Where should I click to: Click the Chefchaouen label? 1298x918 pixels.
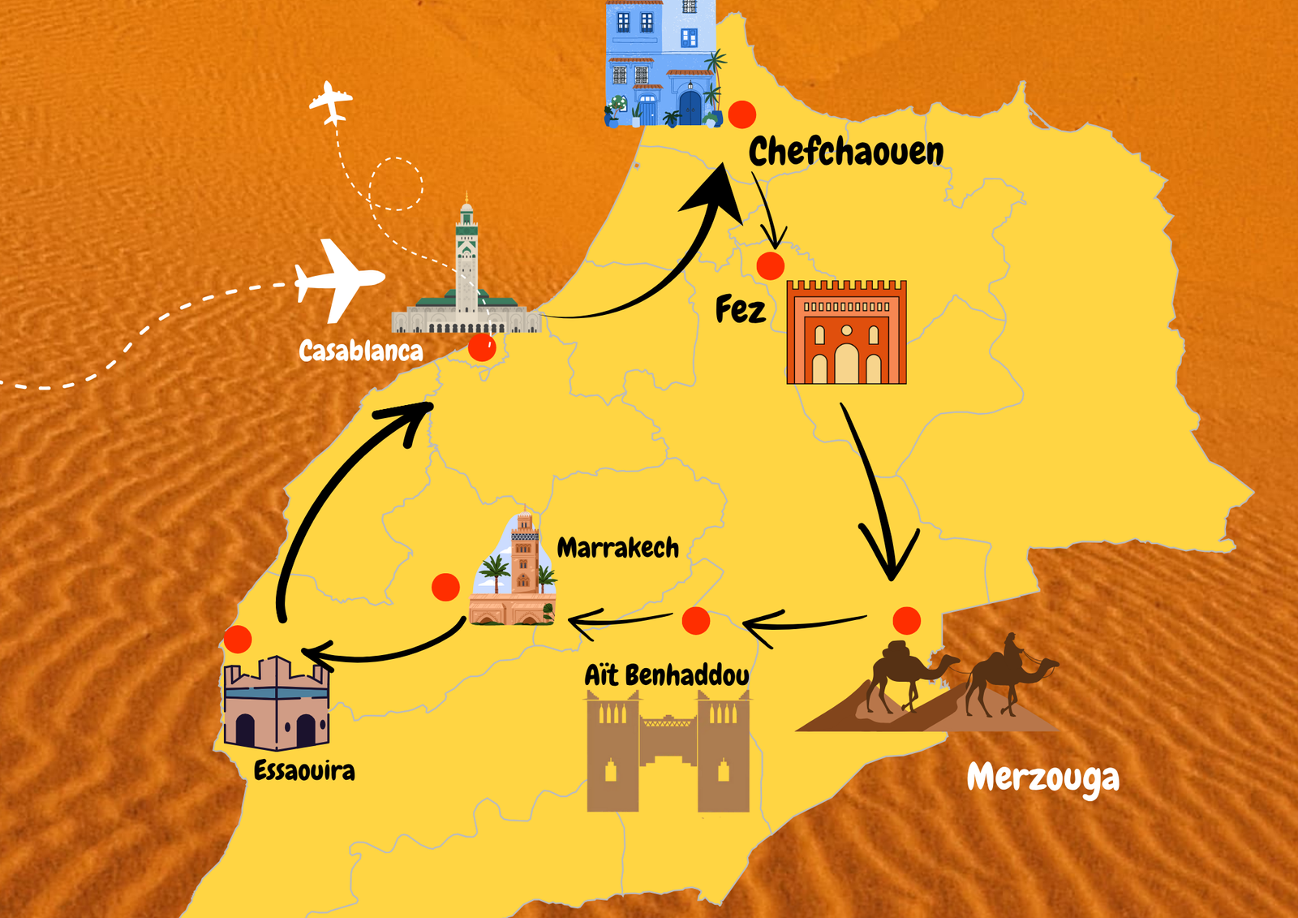tap(845, 152)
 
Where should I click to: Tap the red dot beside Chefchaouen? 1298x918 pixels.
tap(741, 114)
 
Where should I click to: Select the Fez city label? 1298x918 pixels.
tap(740, 309)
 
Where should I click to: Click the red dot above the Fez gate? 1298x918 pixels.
tap(770, 265)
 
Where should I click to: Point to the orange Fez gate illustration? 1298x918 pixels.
tap(846, 333)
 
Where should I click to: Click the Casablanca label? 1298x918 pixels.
tap(361, 351)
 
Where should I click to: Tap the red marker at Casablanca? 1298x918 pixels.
tap(482, 348)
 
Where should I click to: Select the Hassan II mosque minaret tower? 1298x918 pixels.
tap(466, 256)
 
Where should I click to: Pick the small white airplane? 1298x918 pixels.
tap(331, 102)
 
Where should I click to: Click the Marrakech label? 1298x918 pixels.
tap(617, 548)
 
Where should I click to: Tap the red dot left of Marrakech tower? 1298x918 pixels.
tap(445, 587)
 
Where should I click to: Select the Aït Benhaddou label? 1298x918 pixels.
tap(667, 674)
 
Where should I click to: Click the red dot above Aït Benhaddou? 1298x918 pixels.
tap(695, 621)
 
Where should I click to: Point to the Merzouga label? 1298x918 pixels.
tap(1042, 778)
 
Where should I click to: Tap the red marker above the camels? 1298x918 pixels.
tap(906, 621)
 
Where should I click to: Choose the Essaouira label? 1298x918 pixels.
tap(304, 770)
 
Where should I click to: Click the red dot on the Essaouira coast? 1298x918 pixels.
tap(238, 639)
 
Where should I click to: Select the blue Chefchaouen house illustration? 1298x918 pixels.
tap(662, 63)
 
